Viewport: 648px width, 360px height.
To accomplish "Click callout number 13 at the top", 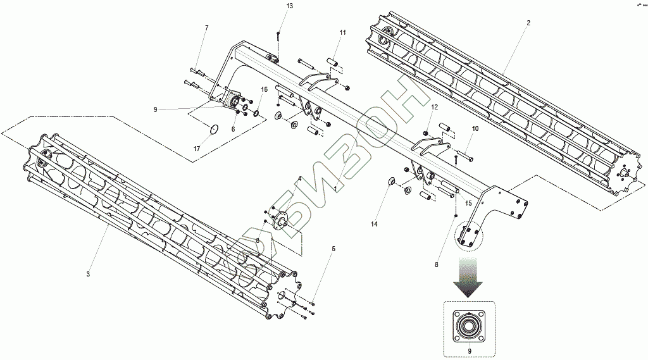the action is coord(289,6).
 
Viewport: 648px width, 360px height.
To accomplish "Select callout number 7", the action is coord(206,28).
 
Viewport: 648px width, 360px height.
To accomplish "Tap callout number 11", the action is coord(342,32).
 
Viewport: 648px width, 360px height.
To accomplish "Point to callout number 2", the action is coord(528,23).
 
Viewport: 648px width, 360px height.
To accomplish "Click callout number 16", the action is coord(264,89).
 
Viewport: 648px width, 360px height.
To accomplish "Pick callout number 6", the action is coord(233,129).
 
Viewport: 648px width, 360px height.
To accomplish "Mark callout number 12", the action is coord(434,108).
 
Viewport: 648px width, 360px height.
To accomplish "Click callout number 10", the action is coord(475,128).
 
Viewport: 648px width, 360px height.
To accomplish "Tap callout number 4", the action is coord(300,179).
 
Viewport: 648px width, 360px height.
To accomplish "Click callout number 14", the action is coord(374,225).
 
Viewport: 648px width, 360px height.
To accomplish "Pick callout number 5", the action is coord(333,249).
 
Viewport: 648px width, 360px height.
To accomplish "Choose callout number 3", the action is coord(88,273).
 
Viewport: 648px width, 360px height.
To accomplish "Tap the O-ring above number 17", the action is coord(215,130).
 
